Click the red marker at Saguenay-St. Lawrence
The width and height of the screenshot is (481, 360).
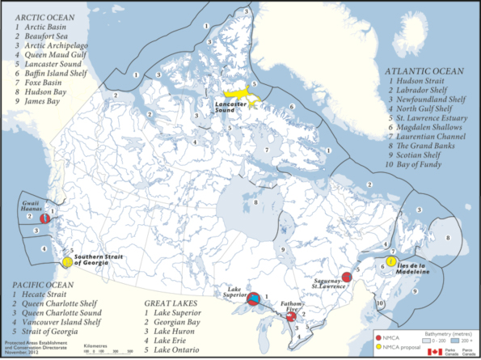pyautogui.click(x=346, y=277)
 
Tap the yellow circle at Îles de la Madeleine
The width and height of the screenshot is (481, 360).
pyautogui.click(x=390, y=261)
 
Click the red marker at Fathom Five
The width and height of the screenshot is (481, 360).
pyautogui.click(x=289, y=316)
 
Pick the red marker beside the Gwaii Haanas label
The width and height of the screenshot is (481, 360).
pyautogui.click(x=46, y=218)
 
